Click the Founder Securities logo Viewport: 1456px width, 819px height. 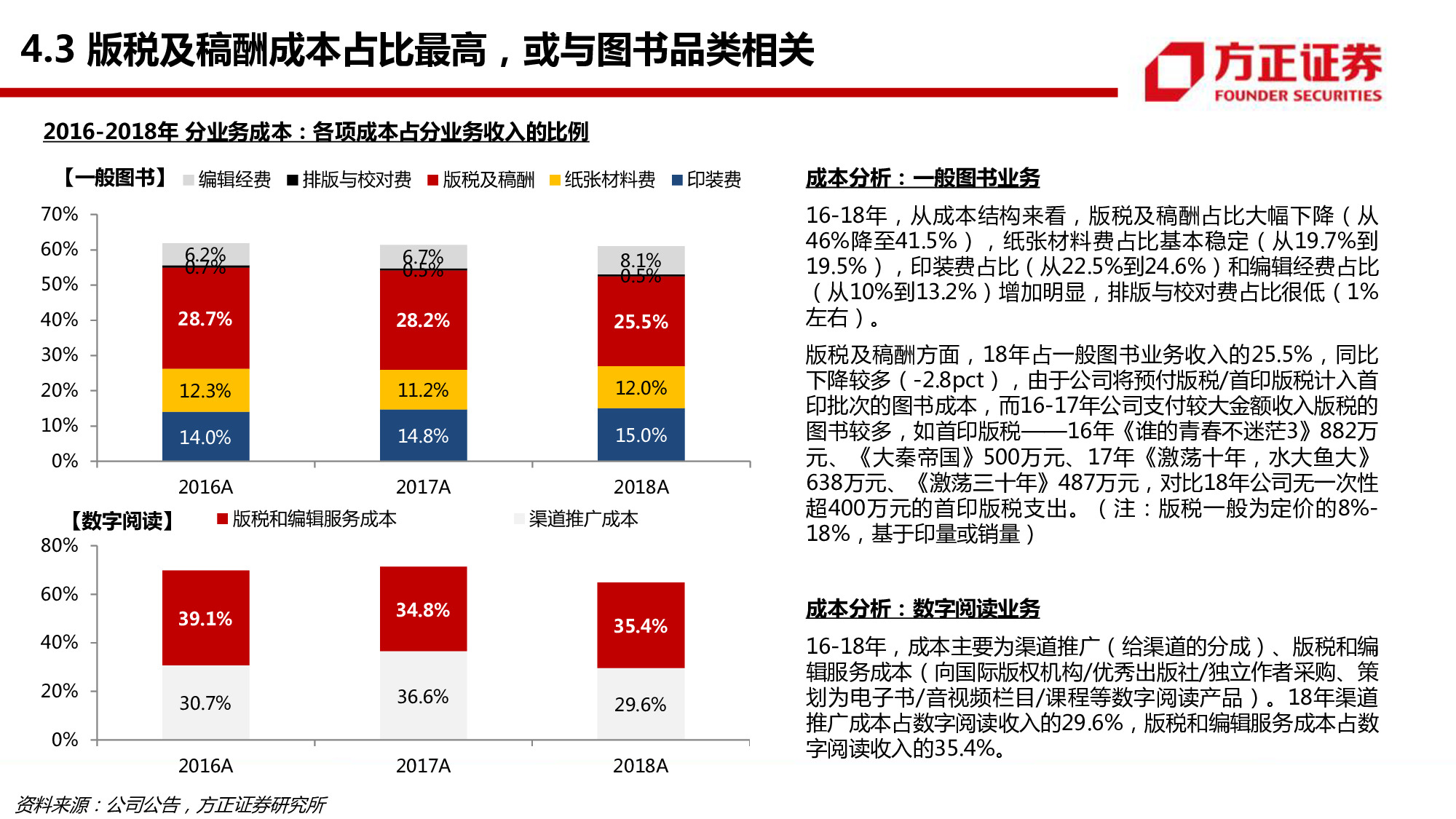click(x=1262, y=71)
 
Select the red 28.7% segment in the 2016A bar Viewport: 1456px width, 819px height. click(x=205, y=319)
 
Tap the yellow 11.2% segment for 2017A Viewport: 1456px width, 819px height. click(x=423, y=390)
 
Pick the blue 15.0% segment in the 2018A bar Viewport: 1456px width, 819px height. click(x=641, y=435)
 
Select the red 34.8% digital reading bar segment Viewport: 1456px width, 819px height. click(x=423, y=609)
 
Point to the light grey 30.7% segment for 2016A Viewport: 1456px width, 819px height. click(x=205, y=703)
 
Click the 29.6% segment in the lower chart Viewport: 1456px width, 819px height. click(x=641, y=704)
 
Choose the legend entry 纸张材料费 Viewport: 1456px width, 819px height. click(x=602, y=180)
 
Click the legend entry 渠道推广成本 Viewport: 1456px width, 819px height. click(x=576, y=519)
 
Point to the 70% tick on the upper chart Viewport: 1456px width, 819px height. click(x=60, y=214)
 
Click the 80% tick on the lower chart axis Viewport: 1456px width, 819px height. click(x=60, y=545)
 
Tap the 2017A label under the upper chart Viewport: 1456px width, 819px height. click(x=423, y=487)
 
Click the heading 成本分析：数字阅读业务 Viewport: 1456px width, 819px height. click(x=922, y=609)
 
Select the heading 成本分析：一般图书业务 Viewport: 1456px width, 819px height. click(x=922, y=178)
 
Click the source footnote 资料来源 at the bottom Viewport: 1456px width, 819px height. click(x=170, y=804)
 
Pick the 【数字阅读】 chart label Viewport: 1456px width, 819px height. click(x=122, y=521)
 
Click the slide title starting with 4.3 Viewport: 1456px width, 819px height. click(x=417, y=50)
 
